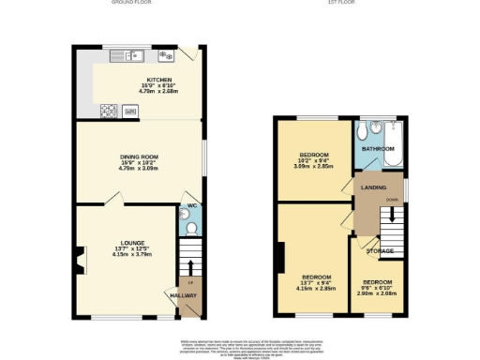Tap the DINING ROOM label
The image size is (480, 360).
[x=139, y=157]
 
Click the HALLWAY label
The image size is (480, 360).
[x=184, y=295]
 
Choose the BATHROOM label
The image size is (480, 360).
[x=379, y=148]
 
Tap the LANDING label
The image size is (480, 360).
[x=375, y=187]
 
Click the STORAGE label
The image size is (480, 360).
[x=380, y=251]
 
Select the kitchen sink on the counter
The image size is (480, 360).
[x=126, y=54]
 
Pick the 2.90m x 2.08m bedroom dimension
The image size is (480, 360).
[x=378, y=293]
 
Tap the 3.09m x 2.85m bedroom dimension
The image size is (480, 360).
[x=314, y=166]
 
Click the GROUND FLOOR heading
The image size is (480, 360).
[x=132, y=3]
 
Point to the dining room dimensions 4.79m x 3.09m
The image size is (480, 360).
[x=139, y=169]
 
